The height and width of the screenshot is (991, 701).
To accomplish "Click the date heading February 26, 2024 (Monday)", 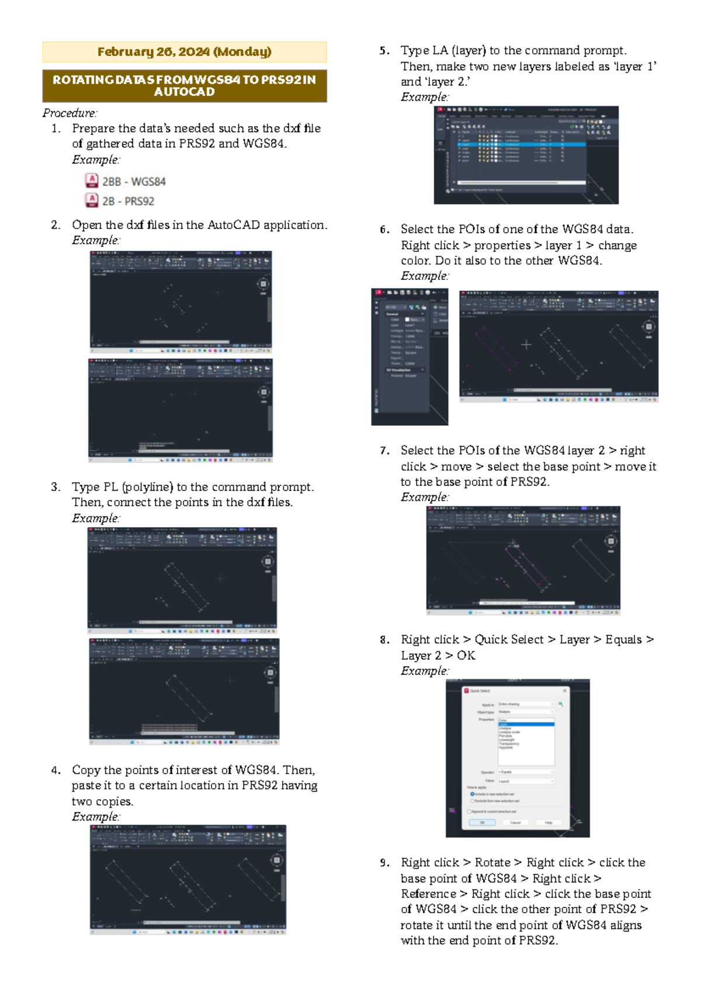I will (184, 52).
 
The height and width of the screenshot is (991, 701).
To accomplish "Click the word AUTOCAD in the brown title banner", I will (184, 92).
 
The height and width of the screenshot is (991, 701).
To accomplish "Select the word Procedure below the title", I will (69, 113).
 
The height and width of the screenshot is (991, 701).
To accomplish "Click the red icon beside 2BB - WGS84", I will (92, 181).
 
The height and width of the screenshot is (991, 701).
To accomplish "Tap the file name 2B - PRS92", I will (128, 201).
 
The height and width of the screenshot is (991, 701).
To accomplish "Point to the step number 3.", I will (55, 487).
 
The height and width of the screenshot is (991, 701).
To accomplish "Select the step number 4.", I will (55, 770).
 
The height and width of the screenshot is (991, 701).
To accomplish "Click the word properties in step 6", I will (502, 245).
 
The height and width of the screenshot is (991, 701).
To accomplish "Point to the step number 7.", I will (384, 451).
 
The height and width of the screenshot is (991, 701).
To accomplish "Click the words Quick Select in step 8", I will (508, 639).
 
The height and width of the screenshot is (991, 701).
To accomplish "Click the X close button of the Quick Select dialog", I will (565, 691).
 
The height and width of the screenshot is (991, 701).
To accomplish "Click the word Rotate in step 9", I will (492, 862).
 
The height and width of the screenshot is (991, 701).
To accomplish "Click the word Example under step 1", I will (95, 160).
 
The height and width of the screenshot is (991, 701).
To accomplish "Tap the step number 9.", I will (384, 862).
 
